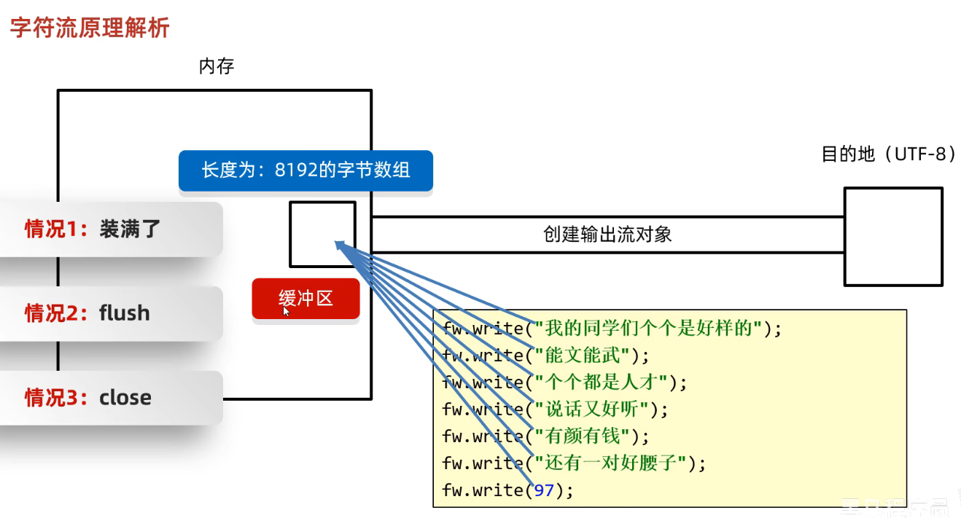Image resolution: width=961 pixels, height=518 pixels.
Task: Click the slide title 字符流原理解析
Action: coord(89,28)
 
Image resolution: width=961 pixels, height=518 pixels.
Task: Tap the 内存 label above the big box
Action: coord(217,67)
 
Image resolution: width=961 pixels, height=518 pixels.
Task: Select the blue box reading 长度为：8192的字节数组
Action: coord(306,170)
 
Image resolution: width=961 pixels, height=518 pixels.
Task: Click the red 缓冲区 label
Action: coord(306,298)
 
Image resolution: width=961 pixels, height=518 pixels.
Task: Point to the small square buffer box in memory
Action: coord(322,233)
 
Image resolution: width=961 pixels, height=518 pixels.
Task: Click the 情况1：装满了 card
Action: coord(109,229)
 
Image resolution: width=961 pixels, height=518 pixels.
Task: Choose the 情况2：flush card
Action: coord(109,313)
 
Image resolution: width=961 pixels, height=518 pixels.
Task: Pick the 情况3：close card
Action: coord(109,398)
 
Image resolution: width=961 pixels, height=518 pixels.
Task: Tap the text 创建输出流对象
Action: coord(607,234)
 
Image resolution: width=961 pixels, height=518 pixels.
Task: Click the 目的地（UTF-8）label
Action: coord(888,154)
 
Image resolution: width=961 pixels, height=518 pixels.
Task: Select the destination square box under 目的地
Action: coord(893,236)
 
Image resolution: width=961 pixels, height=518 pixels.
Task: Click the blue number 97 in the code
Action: coord(544,490)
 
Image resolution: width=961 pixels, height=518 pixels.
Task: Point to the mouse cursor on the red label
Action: coord(286,310)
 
